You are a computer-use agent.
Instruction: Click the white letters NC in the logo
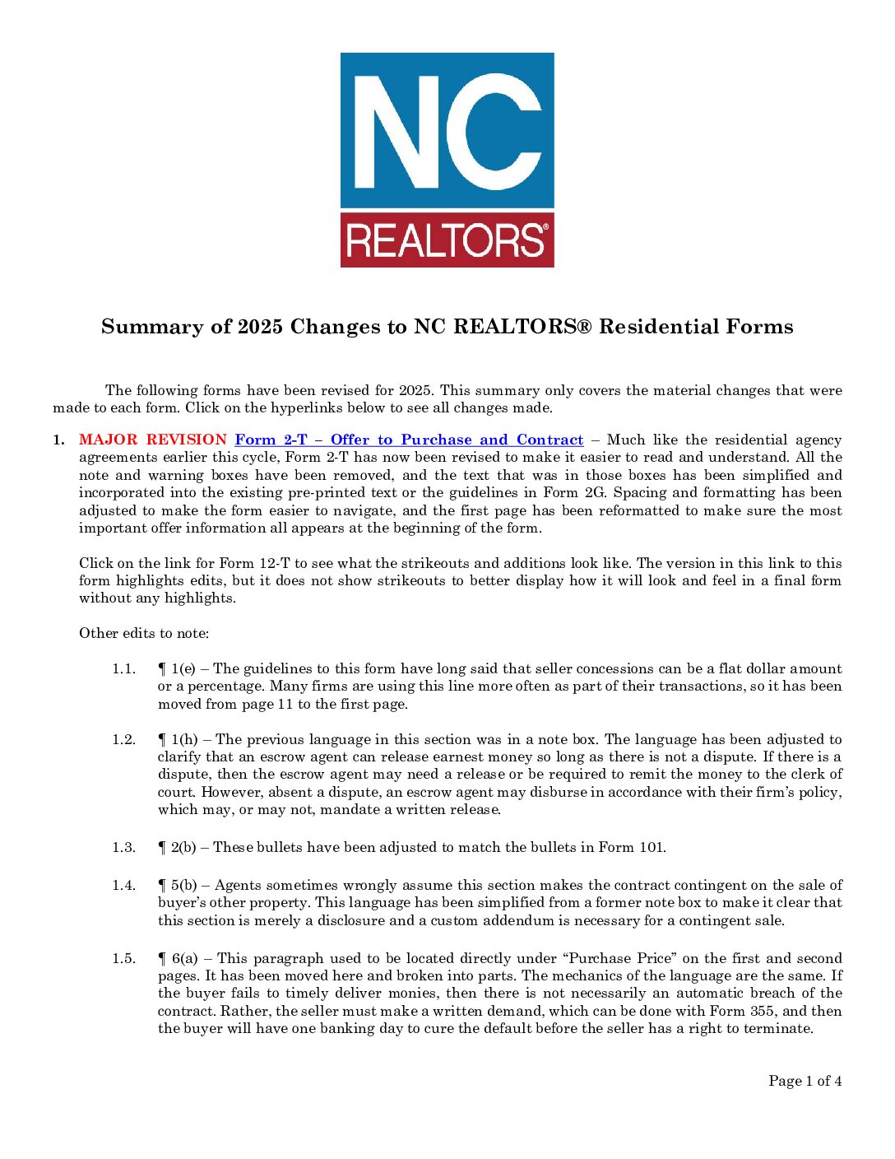click(x=447, y=132)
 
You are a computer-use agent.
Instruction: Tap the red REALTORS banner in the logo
click(x=447, y=240)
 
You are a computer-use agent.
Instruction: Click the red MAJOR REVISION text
click(x=152, y=440)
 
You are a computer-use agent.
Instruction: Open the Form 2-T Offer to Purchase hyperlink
click(x=409, y=440)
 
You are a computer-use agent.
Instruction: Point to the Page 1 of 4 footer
click(x=805, y=1081)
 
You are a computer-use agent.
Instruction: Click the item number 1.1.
click(x=123, y=668)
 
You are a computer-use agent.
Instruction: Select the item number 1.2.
click(x=123, y=739)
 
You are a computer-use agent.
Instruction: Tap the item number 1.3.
click(x=123, y=847)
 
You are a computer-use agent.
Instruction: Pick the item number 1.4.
click(x=123, y=885)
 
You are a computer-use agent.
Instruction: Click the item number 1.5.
click(x=123, y=958)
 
